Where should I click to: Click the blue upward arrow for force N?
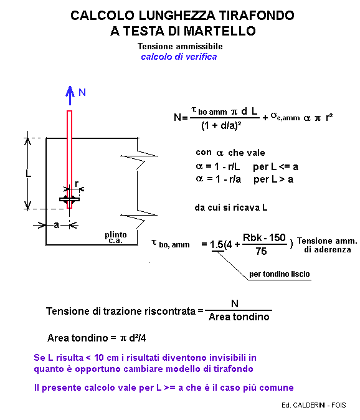point(70,95)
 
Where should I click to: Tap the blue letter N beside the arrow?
point(82,92)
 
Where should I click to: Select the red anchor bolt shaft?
point(69,160)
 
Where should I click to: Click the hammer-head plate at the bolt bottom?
point(69,199)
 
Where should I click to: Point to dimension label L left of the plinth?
point(29,173)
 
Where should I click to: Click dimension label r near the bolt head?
point(77,184)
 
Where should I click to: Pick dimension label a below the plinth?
point(56,225)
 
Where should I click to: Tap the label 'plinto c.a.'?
point(116,237)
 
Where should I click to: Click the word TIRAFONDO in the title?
point(257,16)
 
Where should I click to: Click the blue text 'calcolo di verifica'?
point(179,57)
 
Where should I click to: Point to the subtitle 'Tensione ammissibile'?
point(180,46)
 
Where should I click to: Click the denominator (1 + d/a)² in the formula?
point(221,126)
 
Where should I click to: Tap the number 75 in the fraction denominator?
point(261,251)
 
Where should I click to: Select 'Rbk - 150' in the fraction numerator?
point(264,237)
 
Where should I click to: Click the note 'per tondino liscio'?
point(280,274)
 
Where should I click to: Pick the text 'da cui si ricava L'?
point(230,208)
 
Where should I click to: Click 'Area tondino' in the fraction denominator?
point(239,317)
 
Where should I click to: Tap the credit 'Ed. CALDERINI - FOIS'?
point(313,405)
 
